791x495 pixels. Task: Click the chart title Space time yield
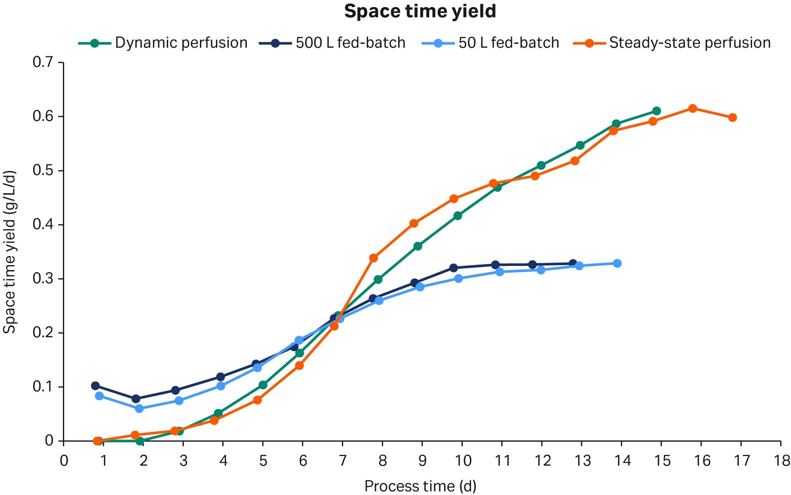(420, 12)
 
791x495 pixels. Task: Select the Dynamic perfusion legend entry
(163, 43)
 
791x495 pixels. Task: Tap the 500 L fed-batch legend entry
(332, 43)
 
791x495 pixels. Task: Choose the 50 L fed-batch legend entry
(491, 43)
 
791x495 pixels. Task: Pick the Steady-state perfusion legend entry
(672, 43)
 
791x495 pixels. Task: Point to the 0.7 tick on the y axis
(43, 63)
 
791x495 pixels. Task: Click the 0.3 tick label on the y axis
(43, 279)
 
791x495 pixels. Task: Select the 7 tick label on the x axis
(342, 461)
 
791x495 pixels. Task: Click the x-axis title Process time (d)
(420, 486)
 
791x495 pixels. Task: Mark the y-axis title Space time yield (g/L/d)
(10, 252)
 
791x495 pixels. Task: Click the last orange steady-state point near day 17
(732, 118)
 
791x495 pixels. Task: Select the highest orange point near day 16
(692, 109)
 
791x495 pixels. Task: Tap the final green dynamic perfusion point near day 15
(656, 111)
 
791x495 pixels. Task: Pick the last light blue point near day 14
(617, 263)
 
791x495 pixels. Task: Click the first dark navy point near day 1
(95, 386)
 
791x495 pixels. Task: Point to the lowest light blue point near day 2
(139, 408)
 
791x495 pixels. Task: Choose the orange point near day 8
(373, 258)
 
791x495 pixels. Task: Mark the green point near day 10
(457, 216)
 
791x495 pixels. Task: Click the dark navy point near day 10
(454, 268)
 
